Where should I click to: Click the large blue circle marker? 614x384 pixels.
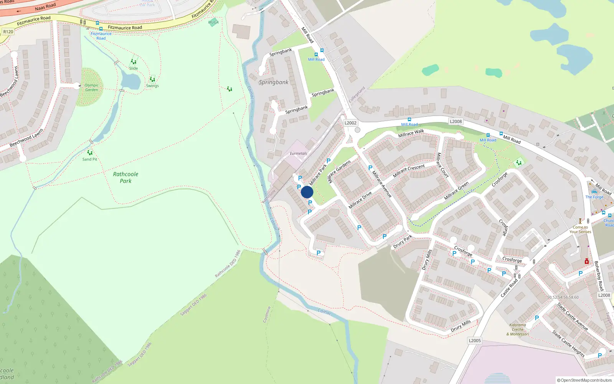[x=307, y=192]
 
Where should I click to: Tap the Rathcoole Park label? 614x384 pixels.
[x=125, y=177]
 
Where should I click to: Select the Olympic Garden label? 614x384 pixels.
[x=91, y=88]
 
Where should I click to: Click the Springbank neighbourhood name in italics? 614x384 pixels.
[x=273, y=82]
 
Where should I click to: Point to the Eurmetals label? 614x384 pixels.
[x=298, y=154]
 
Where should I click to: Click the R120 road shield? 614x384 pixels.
[x=8, y=32]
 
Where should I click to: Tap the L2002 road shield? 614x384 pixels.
[x=350, y=123]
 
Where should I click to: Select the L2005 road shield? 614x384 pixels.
[x=475, y=341]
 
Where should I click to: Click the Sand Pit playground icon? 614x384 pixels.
[x=90, y=153]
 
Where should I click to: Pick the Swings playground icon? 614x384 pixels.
[x=152, y=79]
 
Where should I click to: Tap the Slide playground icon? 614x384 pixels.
[x=134, y=62]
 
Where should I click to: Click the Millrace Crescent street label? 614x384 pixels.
[x=409, y=170]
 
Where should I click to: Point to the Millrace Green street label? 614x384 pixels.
[x=456, y=191]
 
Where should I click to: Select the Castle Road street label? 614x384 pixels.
[x=509, y=288]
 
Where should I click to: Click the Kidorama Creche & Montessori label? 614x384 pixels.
[x=518, y=329]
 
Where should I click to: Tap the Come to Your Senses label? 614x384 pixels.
[x=580, y=229]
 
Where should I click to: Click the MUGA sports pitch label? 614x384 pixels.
[x=213, y=22]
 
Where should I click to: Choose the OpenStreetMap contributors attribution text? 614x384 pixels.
[x=584, y=380]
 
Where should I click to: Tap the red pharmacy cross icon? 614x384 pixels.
[x=587, y=262]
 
